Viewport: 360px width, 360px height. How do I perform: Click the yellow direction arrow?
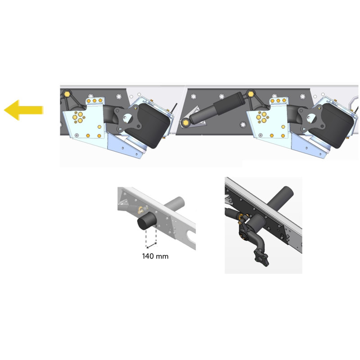pyautogui.click(x=23, y=110)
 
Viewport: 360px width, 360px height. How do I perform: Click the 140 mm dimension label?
pyautogui.click(x=155, y=256)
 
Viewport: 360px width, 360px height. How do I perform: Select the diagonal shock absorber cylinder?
pyautogui.click(x=216, y=108)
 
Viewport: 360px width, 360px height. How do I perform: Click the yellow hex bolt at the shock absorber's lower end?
pyautogui.click(x=184, y=122)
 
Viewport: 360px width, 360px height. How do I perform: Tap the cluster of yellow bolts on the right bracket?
pyautogui.click(x=262, y=117)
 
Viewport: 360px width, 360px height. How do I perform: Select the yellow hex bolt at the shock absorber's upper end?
pyautogui.click(x=251, y=94)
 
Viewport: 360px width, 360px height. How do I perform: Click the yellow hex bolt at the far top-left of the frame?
pyautogui.click(x=67, y=94)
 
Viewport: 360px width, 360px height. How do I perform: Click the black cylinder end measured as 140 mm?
pyautogui.click(x=147, y=221)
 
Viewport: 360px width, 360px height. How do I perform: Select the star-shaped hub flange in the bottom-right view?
pyautogui.click(x=261, y=259)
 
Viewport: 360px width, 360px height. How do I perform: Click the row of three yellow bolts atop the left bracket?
pyautogui.click(x=94, y=100)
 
